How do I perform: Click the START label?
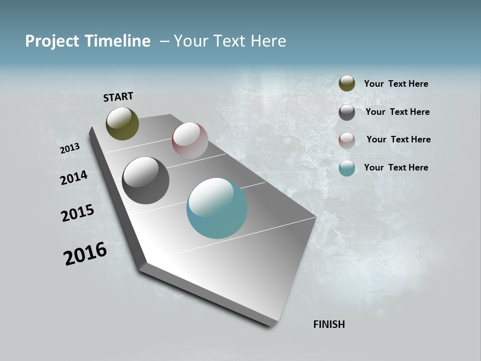tap(118, 97)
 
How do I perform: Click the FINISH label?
tap(329, 324)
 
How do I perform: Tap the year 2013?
tap(70, 148)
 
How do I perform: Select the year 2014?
tap(74, 177)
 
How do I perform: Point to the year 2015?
tap(78, 213)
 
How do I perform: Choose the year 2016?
tap(85, 254)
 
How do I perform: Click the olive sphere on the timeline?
tap(122, 123)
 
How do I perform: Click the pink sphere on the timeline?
tap(190, 140)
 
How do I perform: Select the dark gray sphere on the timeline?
tap(145, 180)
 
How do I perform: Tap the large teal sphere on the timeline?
tap(217, 208)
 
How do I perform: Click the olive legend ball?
tap(347, 84)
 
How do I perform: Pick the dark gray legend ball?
tap(347, 112)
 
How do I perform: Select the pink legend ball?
tap(347, 140)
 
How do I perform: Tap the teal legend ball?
tap(347, 168)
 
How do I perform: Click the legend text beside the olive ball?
tap(396, 84)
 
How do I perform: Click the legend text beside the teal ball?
tap(396, 167)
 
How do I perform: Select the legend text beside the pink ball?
tap(398, 139)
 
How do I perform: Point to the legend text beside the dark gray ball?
tap(397, 112)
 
